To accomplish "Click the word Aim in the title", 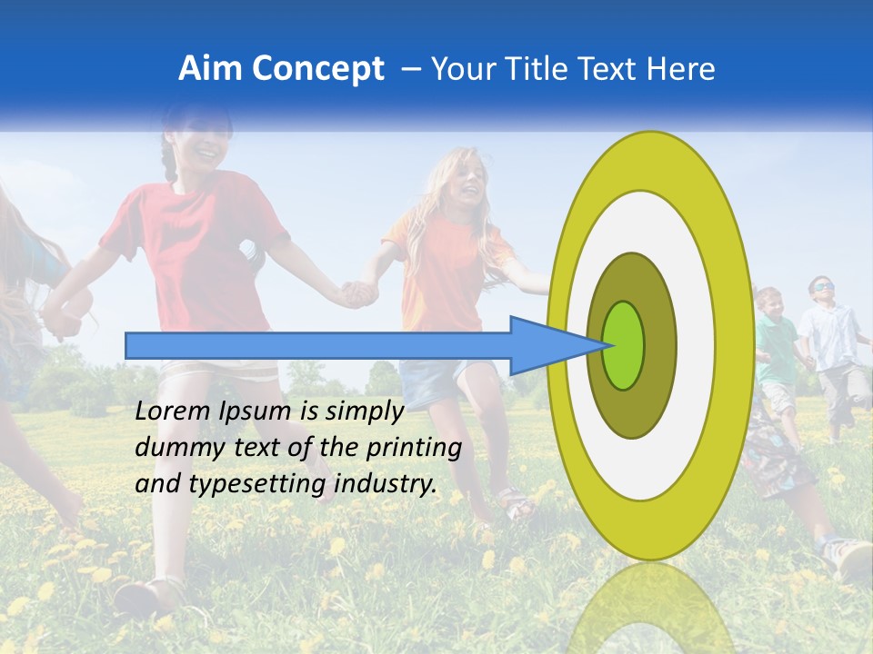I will pos(210,69).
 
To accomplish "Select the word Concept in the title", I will pos(318,69).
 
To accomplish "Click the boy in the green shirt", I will pos(775,345).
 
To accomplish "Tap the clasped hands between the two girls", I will pos(357,292).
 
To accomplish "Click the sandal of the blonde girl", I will pos(516,504).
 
